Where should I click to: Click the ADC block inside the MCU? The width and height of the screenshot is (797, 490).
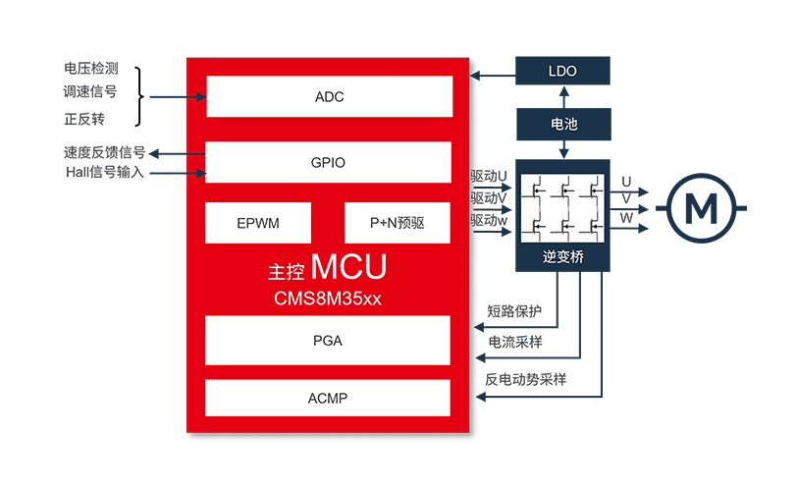pyautogui.click(x=330, y=96)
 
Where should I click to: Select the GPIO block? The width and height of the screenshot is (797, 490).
pyautogui.click(x=328, y=162)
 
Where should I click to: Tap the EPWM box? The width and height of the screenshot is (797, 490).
pyautogui.click(x=258, y=223)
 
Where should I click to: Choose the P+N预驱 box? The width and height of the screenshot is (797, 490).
pyautogui.click(x=397, y=223)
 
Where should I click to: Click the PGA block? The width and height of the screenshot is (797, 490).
pyautogui.click(x=328, y=340)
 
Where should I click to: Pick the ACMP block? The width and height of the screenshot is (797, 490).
pyautogui.click(x=328, y=398)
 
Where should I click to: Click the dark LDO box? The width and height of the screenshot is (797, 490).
pyautogui.click(x=562, y=71)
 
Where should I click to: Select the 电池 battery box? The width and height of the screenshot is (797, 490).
pyautogui.click(x=563, y=124)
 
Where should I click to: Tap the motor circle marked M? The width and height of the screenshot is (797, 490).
pyautogui.click(x=701, y=208)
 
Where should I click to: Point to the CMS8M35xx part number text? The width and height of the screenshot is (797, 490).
pyautogui.click(x=328, y=299)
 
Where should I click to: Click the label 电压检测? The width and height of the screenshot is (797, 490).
pyautogui.click(x=91, y=68)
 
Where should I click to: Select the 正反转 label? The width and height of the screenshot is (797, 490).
pyautogui.click(x=84, y=119)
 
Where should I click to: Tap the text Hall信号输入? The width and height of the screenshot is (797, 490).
pyautogui.click(x=105, y=172)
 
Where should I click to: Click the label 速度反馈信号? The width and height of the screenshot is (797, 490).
pyautogui.click(x=105, y=152)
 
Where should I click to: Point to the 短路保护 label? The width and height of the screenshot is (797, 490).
pyautogui.click(x=514, y=311)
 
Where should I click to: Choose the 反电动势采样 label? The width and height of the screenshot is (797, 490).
pyautogui.click(x=525, y=379)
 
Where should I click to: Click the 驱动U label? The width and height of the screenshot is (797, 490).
pyautogui.click(x=489, y=177)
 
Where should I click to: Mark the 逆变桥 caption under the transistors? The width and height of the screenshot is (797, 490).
pyautogui.click(x=562, y=256)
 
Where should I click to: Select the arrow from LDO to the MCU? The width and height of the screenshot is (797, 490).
pyautogui.click(x=493, y=76)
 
